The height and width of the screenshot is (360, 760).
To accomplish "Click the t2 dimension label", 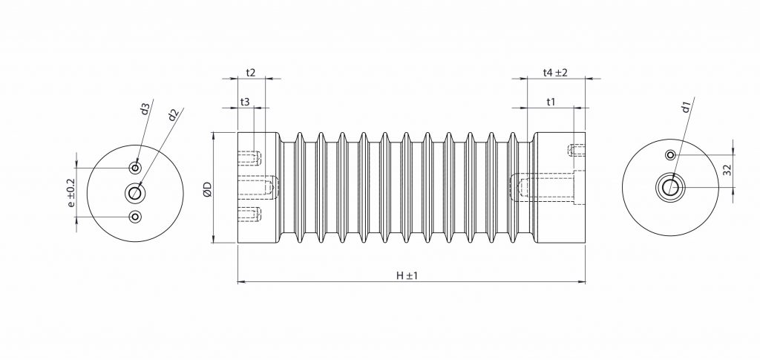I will pyautogui.click(x=250, y=73).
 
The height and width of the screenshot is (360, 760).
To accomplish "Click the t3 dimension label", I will pyautogui.click(x=244, y=102).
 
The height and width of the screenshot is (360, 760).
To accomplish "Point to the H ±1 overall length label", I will pyautogui.click(x=407, y=275).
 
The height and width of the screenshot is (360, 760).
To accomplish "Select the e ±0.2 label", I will pyautogui.click(x=71, y=192).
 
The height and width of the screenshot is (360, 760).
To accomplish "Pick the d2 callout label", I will pyautogui.click(x=172, y=114).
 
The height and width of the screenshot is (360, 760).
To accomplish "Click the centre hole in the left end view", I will pyautogui.click(x=135, y=193).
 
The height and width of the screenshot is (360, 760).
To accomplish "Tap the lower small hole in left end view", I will pyautogui.click(x=135, y=217).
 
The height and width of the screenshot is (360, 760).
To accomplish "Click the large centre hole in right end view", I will pyautogui.click(x=670, y=186).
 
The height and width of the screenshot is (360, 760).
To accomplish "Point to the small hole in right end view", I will pyautogui.click(x=670, y=155).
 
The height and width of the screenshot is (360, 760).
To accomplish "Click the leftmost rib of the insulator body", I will pyautogui.click(x=299, y=189).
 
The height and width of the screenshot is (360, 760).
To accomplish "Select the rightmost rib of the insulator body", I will pyautogui.click(x=514, y=189).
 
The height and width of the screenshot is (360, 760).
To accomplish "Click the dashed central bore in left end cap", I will pyautogui.click(x=257, y=187).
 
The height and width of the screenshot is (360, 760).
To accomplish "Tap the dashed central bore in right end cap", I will pyautogui.click(x=546, y=189).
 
